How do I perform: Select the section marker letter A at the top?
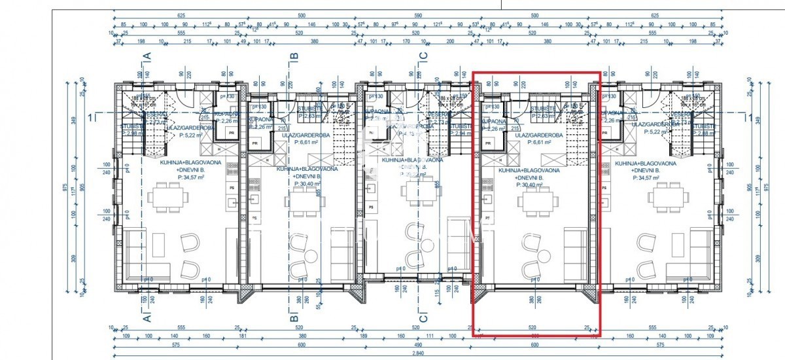(147, 57)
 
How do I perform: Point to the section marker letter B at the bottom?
(294, 319)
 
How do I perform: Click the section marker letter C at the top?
(423, 57)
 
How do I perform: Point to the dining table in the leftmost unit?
(166, 196)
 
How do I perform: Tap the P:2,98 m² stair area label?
(133, 133)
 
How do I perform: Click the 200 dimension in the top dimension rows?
(449, 41)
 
